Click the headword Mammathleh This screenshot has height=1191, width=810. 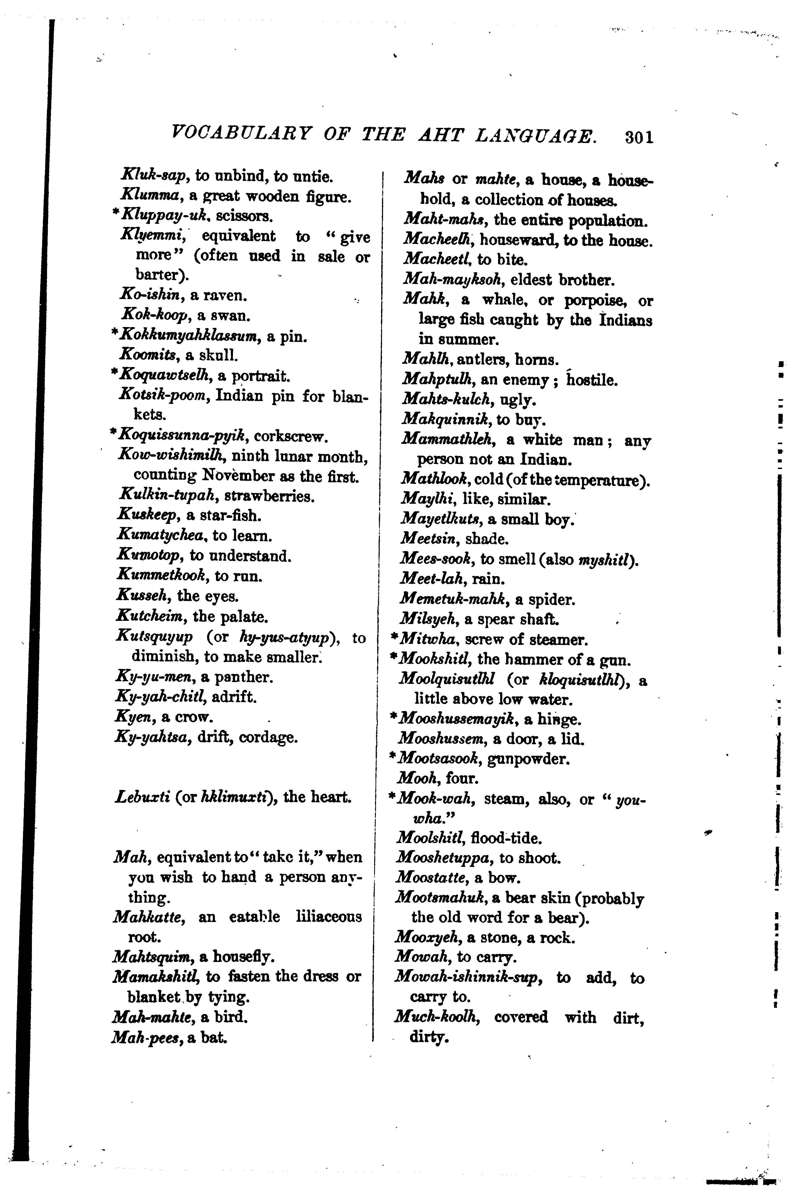coord(448,440)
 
